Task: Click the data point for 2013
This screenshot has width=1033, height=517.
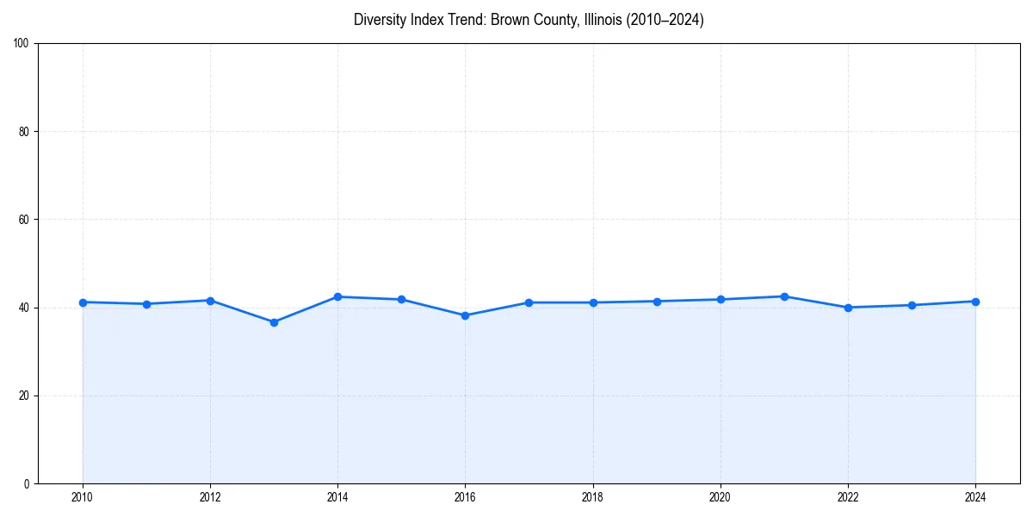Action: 274,322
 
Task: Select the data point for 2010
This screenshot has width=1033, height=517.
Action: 83,302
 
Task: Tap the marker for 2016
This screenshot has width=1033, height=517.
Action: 465,315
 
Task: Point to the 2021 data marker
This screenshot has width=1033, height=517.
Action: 784,296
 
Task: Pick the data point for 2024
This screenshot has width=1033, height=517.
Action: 975,302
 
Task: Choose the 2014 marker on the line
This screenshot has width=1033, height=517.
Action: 337,296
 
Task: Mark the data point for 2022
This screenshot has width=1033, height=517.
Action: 848,308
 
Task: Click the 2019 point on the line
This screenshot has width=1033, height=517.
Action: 657,301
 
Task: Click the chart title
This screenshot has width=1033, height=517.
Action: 529,20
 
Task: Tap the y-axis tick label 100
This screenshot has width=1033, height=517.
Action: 22,43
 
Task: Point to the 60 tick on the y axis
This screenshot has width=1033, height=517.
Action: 24,220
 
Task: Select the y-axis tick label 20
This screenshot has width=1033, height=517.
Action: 24,396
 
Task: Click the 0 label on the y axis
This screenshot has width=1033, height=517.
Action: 27,483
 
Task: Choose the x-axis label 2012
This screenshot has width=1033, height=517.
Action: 210,497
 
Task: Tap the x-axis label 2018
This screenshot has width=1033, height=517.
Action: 592,497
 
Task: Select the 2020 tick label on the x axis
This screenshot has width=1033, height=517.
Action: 721,497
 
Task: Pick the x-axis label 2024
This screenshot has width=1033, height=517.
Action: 975,497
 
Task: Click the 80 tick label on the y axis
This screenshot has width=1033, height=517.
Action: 24,132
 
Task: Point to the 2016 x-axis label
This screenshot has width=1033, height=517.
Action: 465,497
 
